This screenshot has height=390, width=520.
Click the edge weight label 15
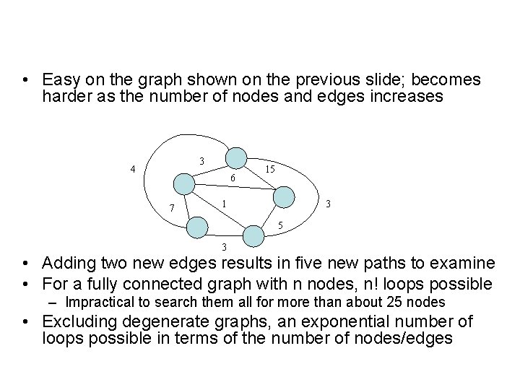click(269, 169)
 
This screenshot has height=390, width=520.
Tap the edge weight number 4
click(133, 170)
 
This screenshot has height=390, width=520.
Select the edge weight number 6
click(232, 178)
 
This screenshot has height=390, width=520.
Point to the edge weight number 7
click(171, 209)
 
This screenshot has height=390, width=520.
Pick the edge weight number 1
click(225, 204)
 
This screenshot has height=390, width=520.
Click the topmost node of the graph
click(236, 158)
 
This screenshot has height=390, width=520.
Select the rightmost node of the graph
click(285, 196)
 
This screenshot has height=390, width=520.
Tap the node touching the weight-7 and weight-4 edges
click(185, 184)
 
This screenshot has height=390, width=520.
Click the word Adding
click(66, 264)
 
